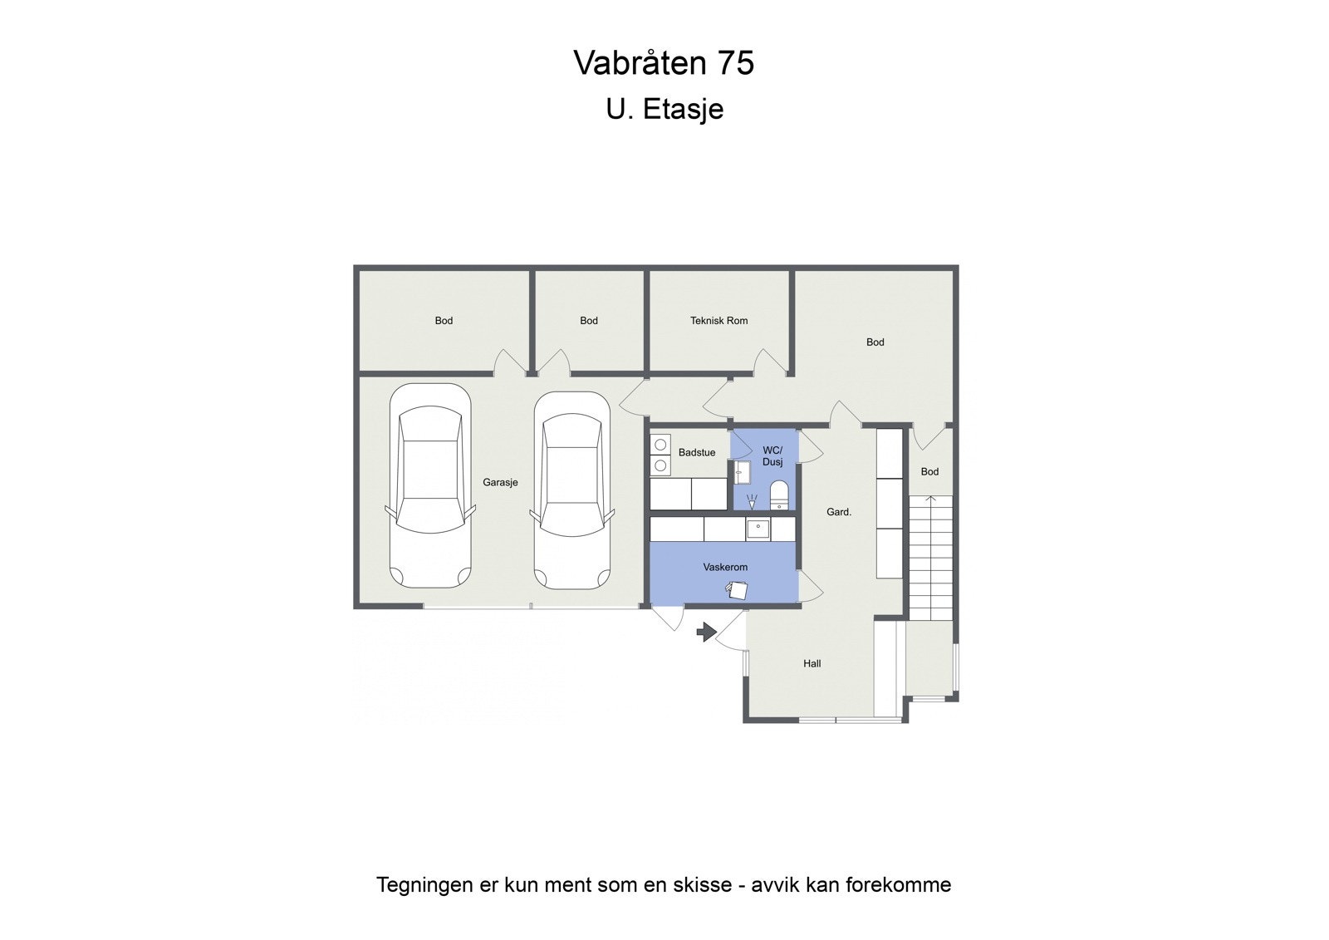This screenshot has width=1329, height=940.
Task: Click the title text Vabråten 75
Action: click(x=664, y=63)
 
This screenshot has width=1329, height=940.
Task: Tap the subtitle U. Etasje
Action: click(x=664, y=109)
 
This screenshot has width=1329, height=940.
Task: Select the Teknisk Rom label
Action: click(x=718, y=321)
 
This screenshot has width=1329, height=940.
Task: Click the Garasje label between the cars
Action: click(x=500, y=482)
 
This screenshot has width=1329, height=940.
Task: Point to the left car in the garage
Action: click(x=430, y=486)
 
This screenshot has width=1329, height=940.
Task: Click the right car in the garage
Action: click(x=572, y=490)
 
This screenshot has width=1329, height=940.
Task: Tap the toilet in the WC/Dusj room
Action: click(x=779, y=494)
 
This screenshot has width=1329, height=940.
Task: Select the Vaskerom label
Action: click(x=725, y=567)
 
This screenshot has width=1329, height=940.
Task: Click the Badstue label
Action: click(x=696, y=453)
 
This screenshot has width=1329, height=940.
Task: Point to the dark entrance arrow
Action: click(x=706, y=632)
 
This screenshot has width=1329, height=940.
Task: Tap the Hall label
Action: click(x=812, y=663)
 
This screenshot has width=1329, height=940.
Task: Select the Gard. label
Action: click(x=838, y=512)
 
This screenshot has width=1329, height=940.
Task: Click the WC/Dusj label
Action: click(x=772, y=456)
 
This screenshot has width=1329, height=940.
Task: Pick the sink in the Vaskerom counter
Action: click(x=758, y=529)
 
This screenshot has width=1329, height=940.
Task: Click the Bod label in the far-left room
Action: click(x=444, y=321)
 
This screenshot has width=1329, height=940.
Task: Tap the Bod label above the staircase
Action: click(x=929, y=471)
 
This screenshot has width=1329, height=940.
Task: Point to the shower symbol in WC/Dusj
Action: click(x=752, y=501)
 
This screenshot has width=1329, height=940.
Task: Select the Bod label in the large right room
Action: click(x=875, y=342)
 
